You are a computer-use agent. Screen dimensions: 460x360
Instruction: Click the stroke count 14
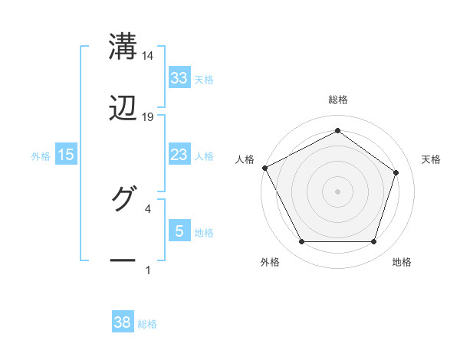click(148, 56)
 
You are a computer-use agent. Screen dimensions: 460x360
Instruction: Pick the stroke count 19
click(148, 117)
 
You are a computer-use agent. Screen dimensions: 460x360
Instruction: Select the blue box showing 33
click(179, 78)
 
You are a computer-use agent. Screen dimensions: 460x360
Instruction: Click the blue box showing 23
click(179, 155)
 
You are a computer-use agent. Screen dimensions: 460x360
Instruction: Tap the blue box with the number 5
click(179, 231)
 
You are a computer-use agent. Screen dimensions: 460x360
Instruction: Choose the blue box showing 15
click(66, 155)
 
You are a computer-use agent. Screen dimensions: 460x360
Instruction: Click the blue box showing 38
click(123, 323)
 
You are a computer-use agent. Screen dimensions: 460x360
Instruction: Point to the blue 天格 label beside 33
click(204, 79)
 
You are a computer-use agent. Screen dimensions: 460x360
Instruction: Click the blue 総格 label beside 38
click(147, 324)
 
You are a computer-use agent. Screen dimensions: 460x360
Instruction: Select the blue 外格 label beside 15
click(41, 155)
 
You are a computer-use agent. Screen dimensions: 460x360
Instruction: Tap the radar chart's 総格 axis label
click(338, 100)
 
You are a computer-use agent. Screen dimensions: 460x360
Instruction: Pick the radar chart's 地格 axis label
click(402, 262)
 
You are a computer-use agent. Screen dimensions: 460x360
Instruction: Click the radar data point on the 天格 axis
click(396, 172)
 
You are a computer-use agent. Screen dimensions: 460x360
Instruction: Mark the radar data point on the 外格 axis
click(301, 242)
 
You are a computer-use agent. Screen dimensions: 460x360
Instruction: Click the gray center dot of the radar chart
click(337, 191)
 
